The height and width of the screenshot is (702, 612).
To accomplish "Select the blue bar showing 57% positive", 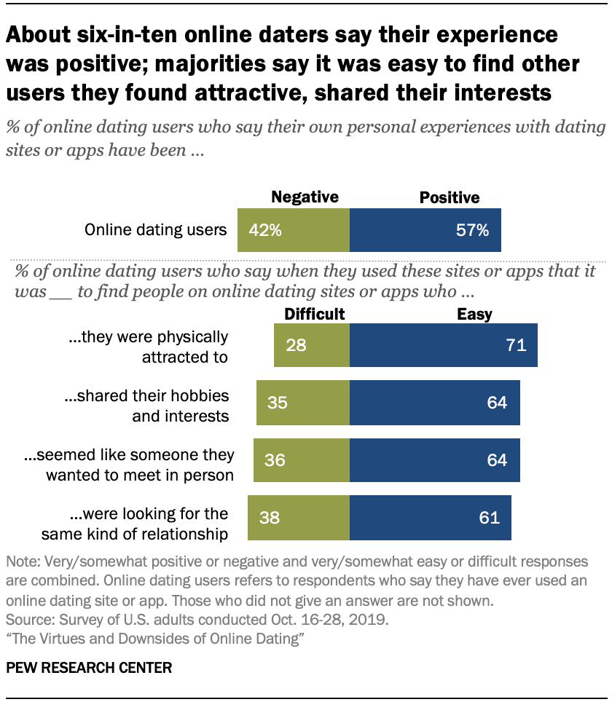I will point(425,230).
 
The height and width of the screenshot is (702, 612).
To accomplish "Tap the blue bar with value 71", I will point(444,345).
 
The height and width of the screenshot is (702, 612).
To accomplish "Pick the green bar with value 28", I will point(312,345).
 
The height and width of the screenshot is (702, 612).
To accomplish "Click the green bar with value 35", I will point(303,403).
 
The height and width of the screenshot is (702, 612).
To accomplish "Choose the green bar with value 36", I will point(302,460).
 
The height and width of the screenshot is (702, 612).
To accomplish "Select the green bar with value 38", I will point(299,518).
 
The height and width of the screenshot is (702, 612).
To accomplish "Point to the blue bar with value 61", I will point(431,518).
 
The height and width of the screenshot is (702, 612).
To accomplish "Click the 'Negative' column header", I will point(305,197).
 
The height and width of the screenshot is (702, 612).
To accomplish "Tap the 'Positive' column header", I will point(449,197).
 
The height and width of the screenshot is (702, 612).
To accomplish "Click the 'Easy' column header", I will point(474,314).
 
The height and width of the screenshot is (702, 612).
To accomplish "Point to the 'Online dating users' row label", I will point(156,230).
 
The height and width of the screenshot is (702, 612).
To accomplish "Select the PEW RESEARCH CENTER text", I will point(90,668).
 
